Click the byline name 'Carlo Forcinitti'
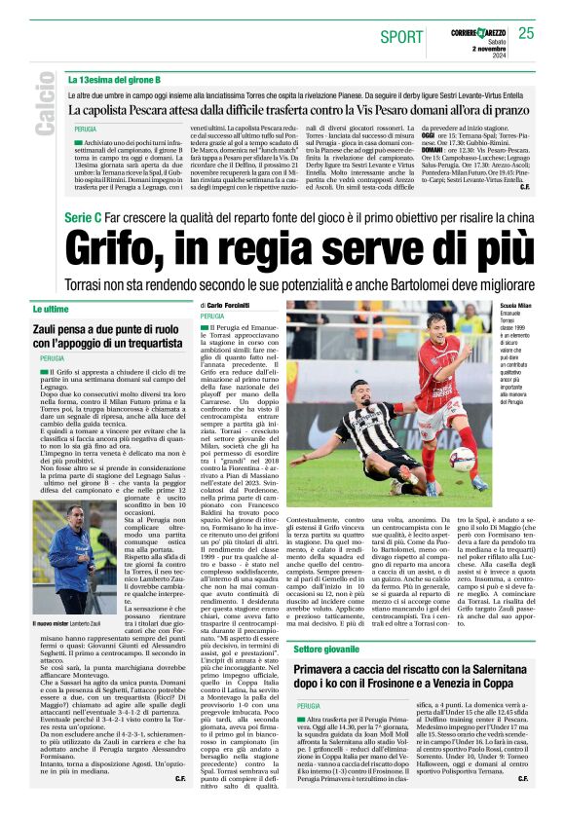[241, 305]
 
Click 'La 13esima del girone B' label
[114, 79]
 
